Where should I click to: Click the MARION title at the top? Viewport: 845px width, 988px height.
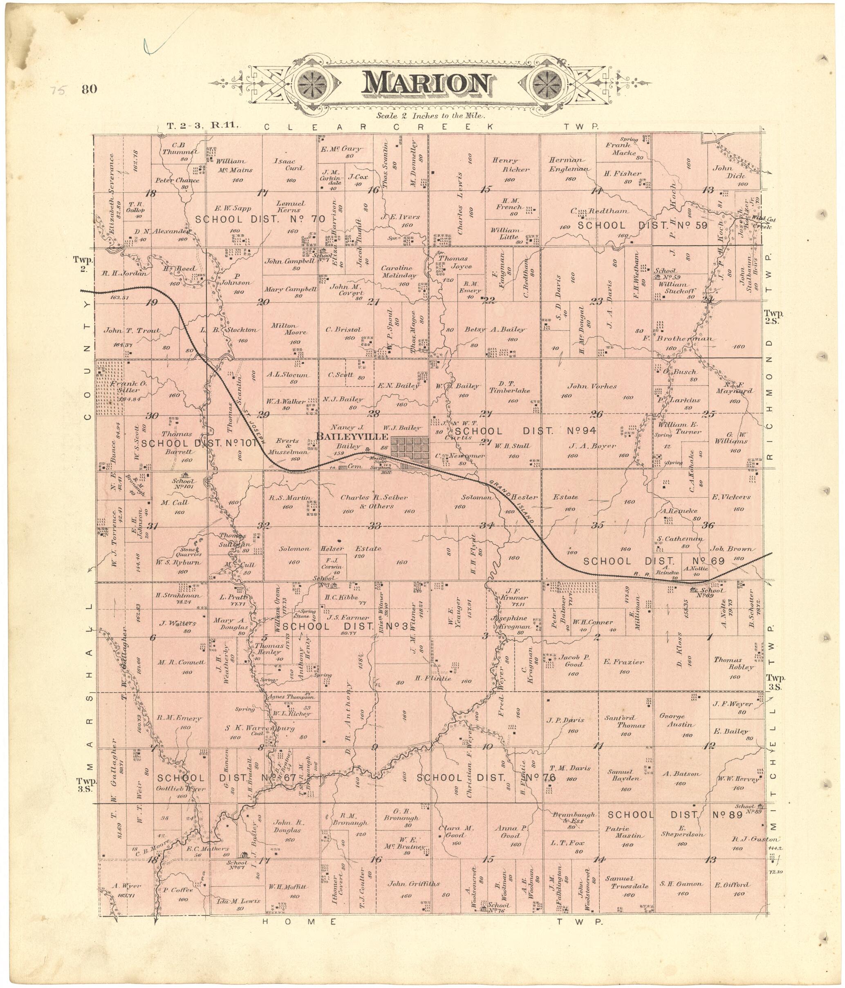coord(426,85)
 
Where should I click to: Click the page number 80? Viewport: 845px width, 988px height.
coord(89,89)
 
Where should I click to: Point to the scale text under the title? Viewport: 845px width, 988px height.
coord(430,115)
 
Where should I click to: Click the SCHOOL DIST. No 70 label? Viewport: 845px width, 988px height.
coord(260,219)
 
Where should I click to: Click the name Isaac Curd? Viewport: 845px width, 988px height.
coord(288,165)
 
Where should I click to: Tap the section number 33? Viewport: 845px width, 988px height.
coord(374,526)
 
